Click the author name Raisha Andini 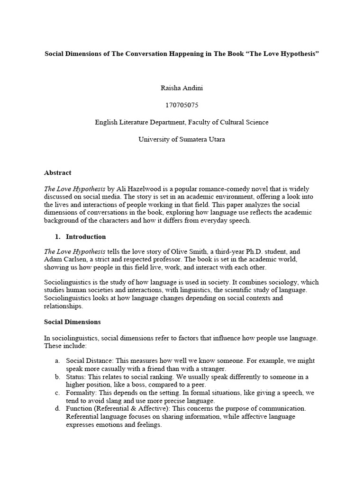point(182,88)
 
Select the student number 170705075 point(182,105)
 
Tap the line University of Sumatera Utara point(182,139)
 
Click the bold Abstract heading point(58,173)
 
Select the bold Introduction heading point(86,236)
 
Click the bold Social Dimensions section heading point(72,322)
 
